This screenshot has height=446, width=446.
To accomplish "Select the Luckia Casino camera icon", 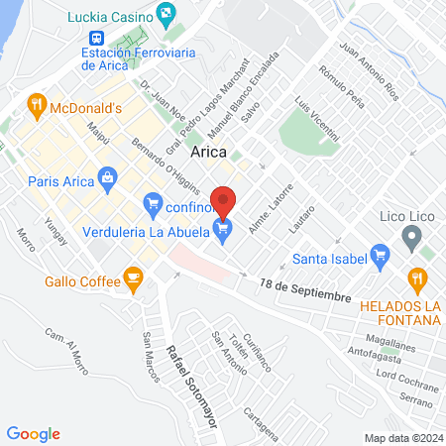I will click(166, 16).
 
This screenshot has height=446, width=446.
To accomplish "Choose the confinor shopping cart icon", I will click(153, 207).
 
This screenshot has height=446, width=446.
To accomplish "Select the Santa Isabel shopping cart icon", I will click(378, 260).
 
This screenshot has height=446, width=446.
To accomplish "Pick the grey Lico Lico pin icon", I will click(411, 238).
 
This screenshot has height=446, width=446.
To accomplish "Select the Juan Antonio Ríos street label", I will click(368, 72).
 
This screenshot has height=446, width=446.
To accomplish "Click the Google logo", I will click(34, 434).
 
